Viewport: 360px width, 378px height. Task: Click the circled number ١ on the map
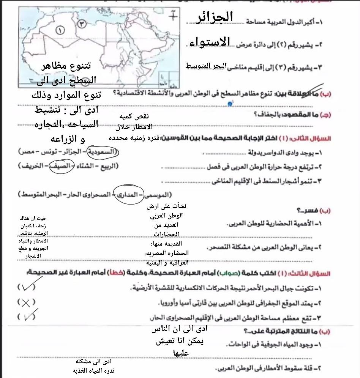(60, 29)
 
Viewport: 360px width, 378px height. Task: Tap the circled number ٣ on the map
(82, 24)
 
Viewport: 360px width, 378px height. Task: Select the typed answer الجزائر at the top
(215, 17)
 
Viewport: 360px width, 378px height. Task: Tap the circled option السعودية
(103, 152)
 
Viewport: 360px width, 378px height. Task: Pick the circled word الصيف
(62, 166)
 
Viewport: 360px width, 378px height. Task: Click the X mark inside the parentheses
(26, 302)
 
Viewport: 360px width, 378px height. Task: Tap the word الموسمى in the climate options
(156, 195)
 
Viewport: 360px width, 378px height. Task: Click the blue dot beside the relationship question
(230, 104)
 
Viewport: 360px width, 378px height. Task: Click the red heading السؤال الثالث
(316, 273)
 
